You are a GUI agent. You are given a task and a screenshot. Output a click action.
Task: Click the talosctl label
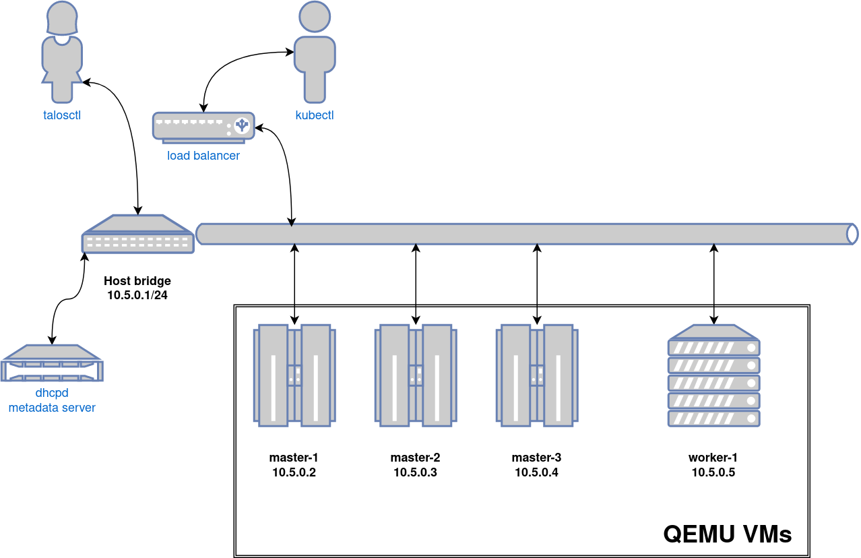pos(62,115)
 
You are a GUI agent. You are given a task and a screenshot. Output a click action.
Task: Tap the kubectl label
pos(315,115)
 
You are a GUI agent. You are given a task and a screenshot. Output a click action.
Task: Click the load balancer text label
pos(203,156)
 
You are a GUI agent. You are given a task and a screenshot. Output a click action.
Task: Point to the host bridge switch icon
pos(137,235)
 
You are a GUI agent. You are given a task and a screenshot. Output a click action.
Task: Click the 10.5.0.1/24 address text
pos(137,294)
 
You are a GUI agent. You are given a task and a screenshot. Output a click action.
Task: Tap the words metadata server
pos(52,408)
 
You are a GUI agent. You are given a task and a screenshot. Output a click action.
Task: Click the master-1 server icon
pos(294,376)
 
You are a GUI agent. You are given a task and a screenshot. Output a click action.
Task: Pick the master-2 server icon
pos(416,376)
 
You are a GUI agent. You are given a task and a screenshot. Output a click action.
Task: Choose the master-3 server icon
pos(537,376)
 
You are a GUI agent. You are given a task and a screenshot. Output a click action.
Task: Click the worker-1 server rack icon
pos(714,375)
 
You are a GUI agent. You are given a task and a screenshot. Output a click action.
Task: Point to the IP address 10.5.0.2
pos(294,472)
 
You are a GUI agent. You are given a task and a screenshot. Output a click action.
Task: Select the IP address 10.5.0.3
pos(415,472)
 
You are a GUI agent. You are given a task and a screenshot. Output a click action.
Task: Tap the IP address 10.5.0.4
pos(536,472)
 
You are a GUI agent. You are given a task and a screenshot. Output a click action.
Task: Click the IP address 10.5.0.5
pos(713,472)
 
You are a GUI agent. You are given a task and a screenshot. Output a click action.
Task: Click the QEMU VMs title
pos(727,534)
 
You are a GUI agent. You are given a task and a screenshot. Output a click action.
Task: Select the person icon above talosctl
pos(62,51)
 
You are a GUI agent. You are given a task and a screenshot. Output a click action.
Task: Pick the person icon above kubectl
pos(315,51)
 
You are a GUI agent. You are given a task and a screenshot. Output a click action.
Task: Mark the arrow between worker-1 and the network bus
pos(715,283)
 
